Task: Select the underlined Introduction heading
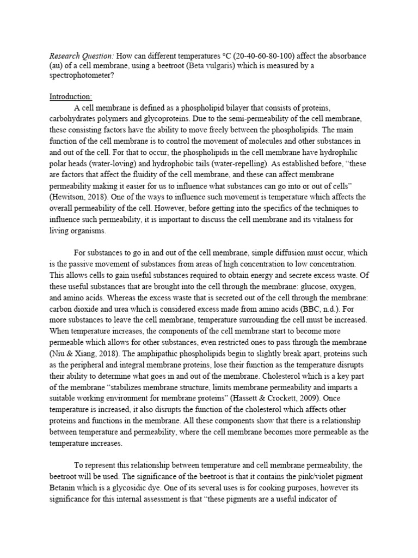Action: click(71, 96)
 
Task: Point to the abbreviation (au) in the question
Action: click(58, 66)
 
